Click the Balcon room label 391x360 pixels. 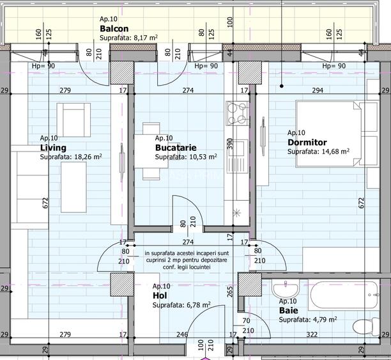click(114, 29)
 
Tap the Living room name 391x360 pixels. click(53, 147)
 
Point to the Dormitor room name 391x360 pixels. click(307, 142)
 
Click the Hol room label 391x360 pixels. click(159, 296)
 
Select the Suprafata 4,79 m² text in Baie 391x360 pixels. click(308, 319)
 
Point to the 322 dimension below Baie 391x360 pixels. click(311, 334)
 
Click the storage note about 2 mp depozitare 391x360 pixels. click(177, 260)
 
